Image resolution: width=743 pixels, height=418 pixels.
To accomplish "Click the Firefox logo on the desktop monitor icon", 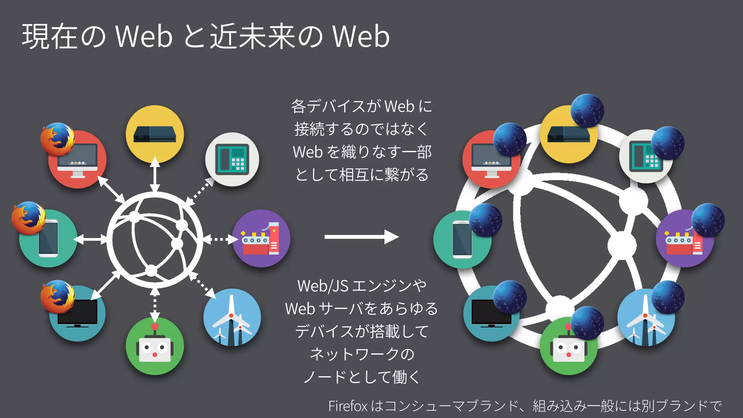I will click(x=57, y=139).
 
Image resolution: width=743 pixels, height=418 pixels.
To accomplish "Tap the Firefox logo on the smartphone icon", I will click(x=29, y=218).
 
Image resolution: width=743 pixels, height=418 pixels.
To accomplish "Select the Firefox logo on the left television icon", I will click(x=57, y=296).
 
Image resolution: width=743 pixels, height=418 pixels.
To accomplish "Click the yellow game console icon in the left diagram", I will click(x=155, y=134).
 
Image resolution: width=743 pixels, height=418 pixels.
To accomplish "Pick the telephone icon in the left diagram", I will click(x=232, y=160).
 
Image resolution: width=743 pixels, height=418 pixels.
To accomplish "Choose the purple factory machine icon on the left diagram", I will click(x=261, y=238).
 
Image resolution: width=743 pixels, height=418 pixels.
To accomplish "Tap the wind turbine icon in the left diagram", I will click(x=232, y=317).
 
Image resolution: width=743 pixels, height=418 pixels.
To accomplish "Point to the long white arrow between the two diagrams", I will click(x=361, y=237).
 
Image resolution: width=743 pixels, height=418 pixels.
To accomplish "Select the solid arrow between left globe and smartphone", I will click(x=90, y=239).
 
